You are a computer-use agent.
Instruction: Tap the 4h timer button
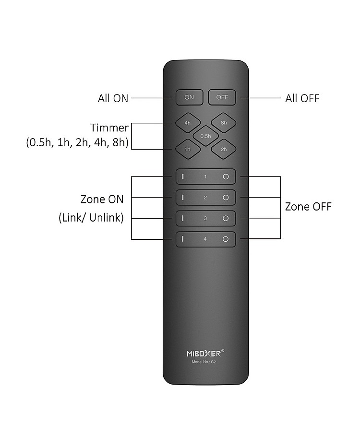188,123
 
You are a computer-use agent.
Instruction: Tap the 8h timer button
223,123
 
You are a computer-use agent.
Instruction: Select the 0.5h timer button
205,136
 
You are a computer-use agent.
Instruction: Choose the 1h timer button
188,149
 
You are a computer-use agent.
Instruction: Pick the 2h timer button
223,149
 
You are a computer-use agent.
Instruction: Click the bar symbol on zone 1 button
183,176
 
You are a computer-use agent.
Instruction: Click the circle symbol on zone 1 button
226,176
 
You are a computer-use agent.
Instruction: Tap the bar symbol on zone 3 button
183,219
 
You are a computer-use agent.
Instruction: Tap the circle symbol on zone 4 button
226,239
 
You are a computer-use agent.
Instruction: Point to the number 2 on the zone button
205,198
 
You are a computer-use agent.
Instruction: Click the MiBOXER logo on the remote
205,353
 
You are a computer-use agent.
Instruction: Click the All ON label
113,98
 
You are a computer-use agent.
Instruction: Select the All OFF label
302,98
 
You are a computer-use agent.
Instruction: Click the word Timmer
110,128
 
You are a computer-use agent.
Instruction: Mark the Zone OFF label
308,207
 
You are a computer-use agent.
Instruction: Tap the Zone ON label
102,199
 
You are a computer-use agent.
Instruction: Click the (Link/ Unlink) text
91,218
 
